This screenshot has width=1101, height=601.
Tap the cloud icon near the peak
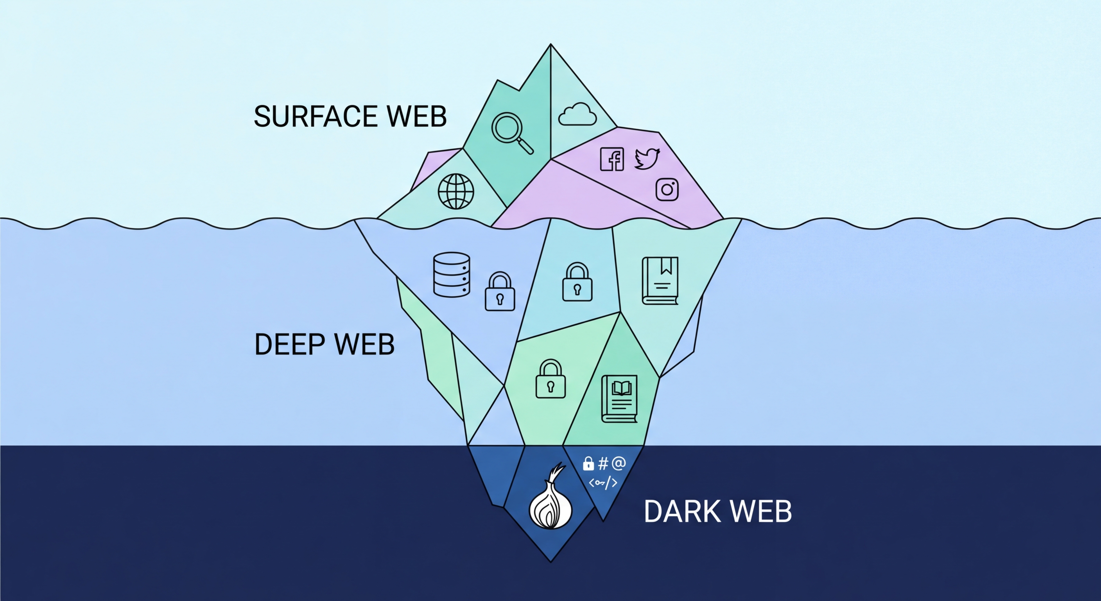tap(577, 114)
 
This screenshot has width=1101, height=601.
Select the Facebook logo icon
tap(612, 159)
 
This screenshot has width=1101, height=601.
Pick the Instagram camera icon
tap(667, 189)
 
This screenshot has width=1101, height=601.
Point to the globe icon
tap(456, 191)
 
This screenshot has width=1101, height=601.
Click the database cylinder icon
tap(451, 275)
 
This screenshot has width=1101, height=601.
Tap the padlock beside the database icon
tap(500, 292)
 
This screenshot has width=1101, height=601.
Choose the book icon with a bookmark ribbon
tap(660, 281)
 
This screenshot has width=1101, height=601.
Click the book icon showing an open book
tap(619, 399)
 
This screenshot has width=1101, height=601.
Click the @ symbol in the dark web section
tap(619, 463)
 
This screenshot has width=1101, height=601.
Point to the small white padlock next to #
tap(588, 463)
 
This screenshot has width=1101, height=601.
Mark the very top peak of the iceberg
tap(550, 45)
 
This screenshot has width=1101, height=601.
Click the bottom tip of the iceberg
tap(550, 561)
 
